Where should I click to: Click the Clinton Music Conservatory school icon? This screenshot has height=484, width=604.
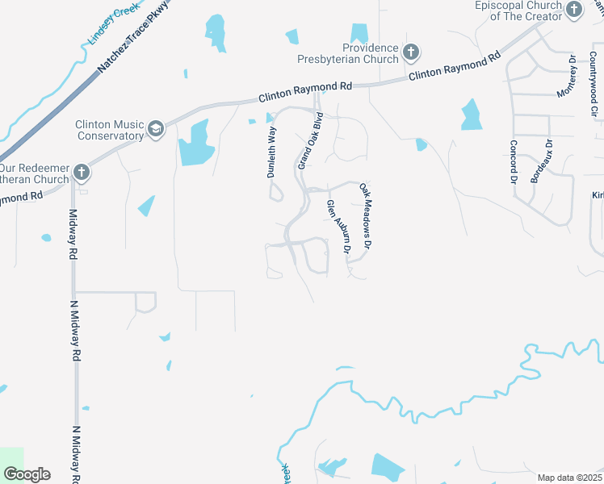coord(155,128)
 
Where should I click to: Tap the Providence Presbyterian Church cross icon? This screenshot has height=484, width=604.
coord(410,53)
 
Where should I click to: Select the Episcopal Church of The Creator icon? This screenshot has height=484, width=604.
coord(574,10)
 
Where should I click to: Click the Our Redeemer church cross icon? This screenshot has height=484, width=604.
coord(81,171)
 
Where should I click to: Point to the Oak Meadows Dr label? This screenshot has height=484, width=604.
coord(367,215)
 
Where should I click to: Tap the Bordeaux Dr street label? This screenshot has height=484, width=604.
coord(542,161)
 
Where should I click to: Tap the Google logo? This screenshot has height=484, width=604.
coord(26,474)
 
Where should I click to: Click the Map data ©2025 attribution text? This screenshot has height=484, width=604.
coord(568,478)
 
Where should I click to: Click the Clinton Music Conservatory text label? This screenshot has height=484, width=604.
coord(109,129)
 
